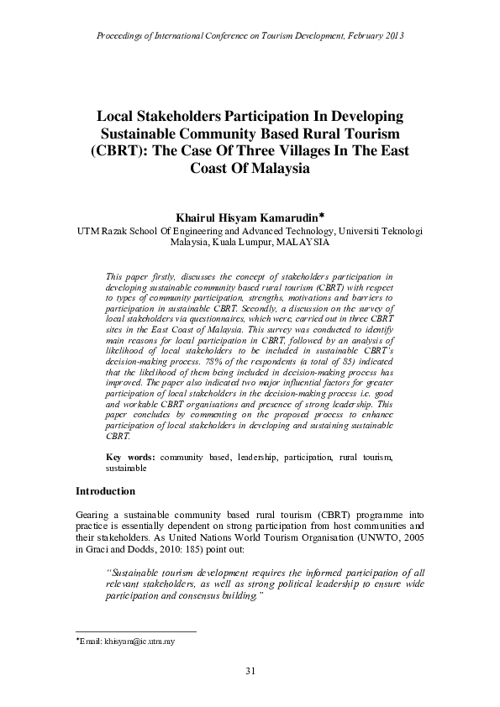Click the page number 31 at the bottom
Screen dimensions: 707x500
250,670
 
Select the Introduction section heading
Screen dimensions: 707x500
105,490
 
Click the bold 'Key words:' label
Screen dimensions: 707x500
130,457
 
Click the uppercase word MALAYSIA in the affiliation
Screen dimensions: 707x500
303,242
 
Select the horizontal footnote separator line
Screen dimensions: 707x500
135,631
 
